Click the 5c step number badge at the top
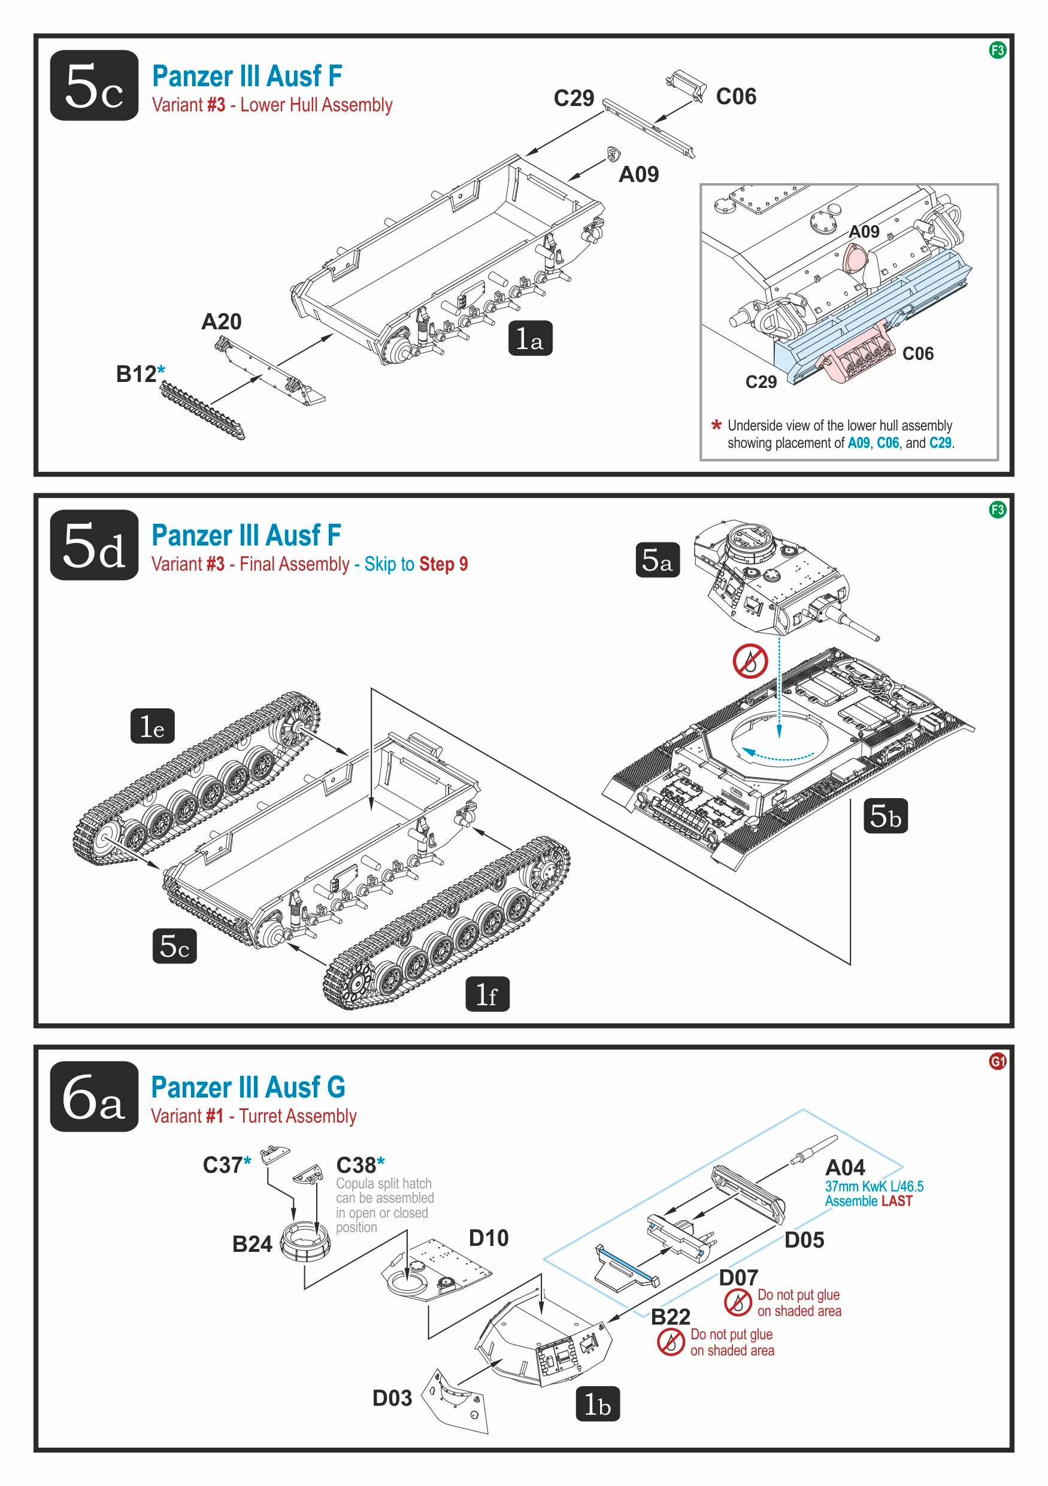tap(94, 86)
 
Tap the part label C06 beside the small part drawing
tap(736, 96)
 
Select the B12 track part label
tap(137, 374)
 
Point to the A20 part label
tap(222, 322)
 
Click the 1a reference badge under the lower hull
tap(530, 338)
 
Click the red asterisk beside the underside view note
tap(716, 426)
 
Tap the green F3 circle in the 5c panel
tap(998, 50)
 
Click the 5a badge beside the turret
tap(657, 560)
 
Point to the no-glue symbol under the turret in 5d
tap(750, 661)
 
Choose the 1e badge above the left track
tap(152, 726)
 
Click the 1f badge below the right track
tap(487, 993)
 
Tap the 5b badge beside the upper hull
tap(886, 815)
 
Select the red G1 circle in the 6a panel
tap(998, 1061)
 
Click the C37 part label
tap(223, 1165)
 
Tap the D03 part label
tap(392, 1398)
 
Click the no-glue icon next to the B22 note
tap(671, 1342)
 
